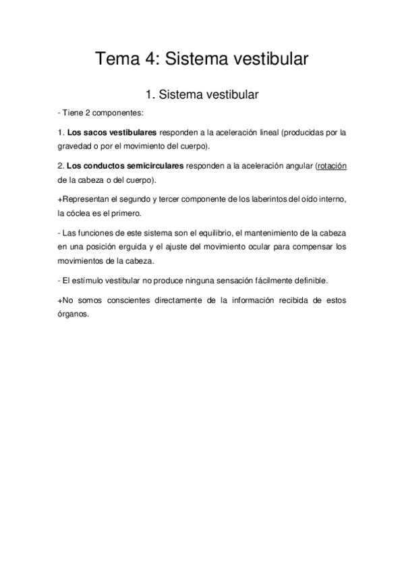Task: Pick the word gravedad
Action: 76,146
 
